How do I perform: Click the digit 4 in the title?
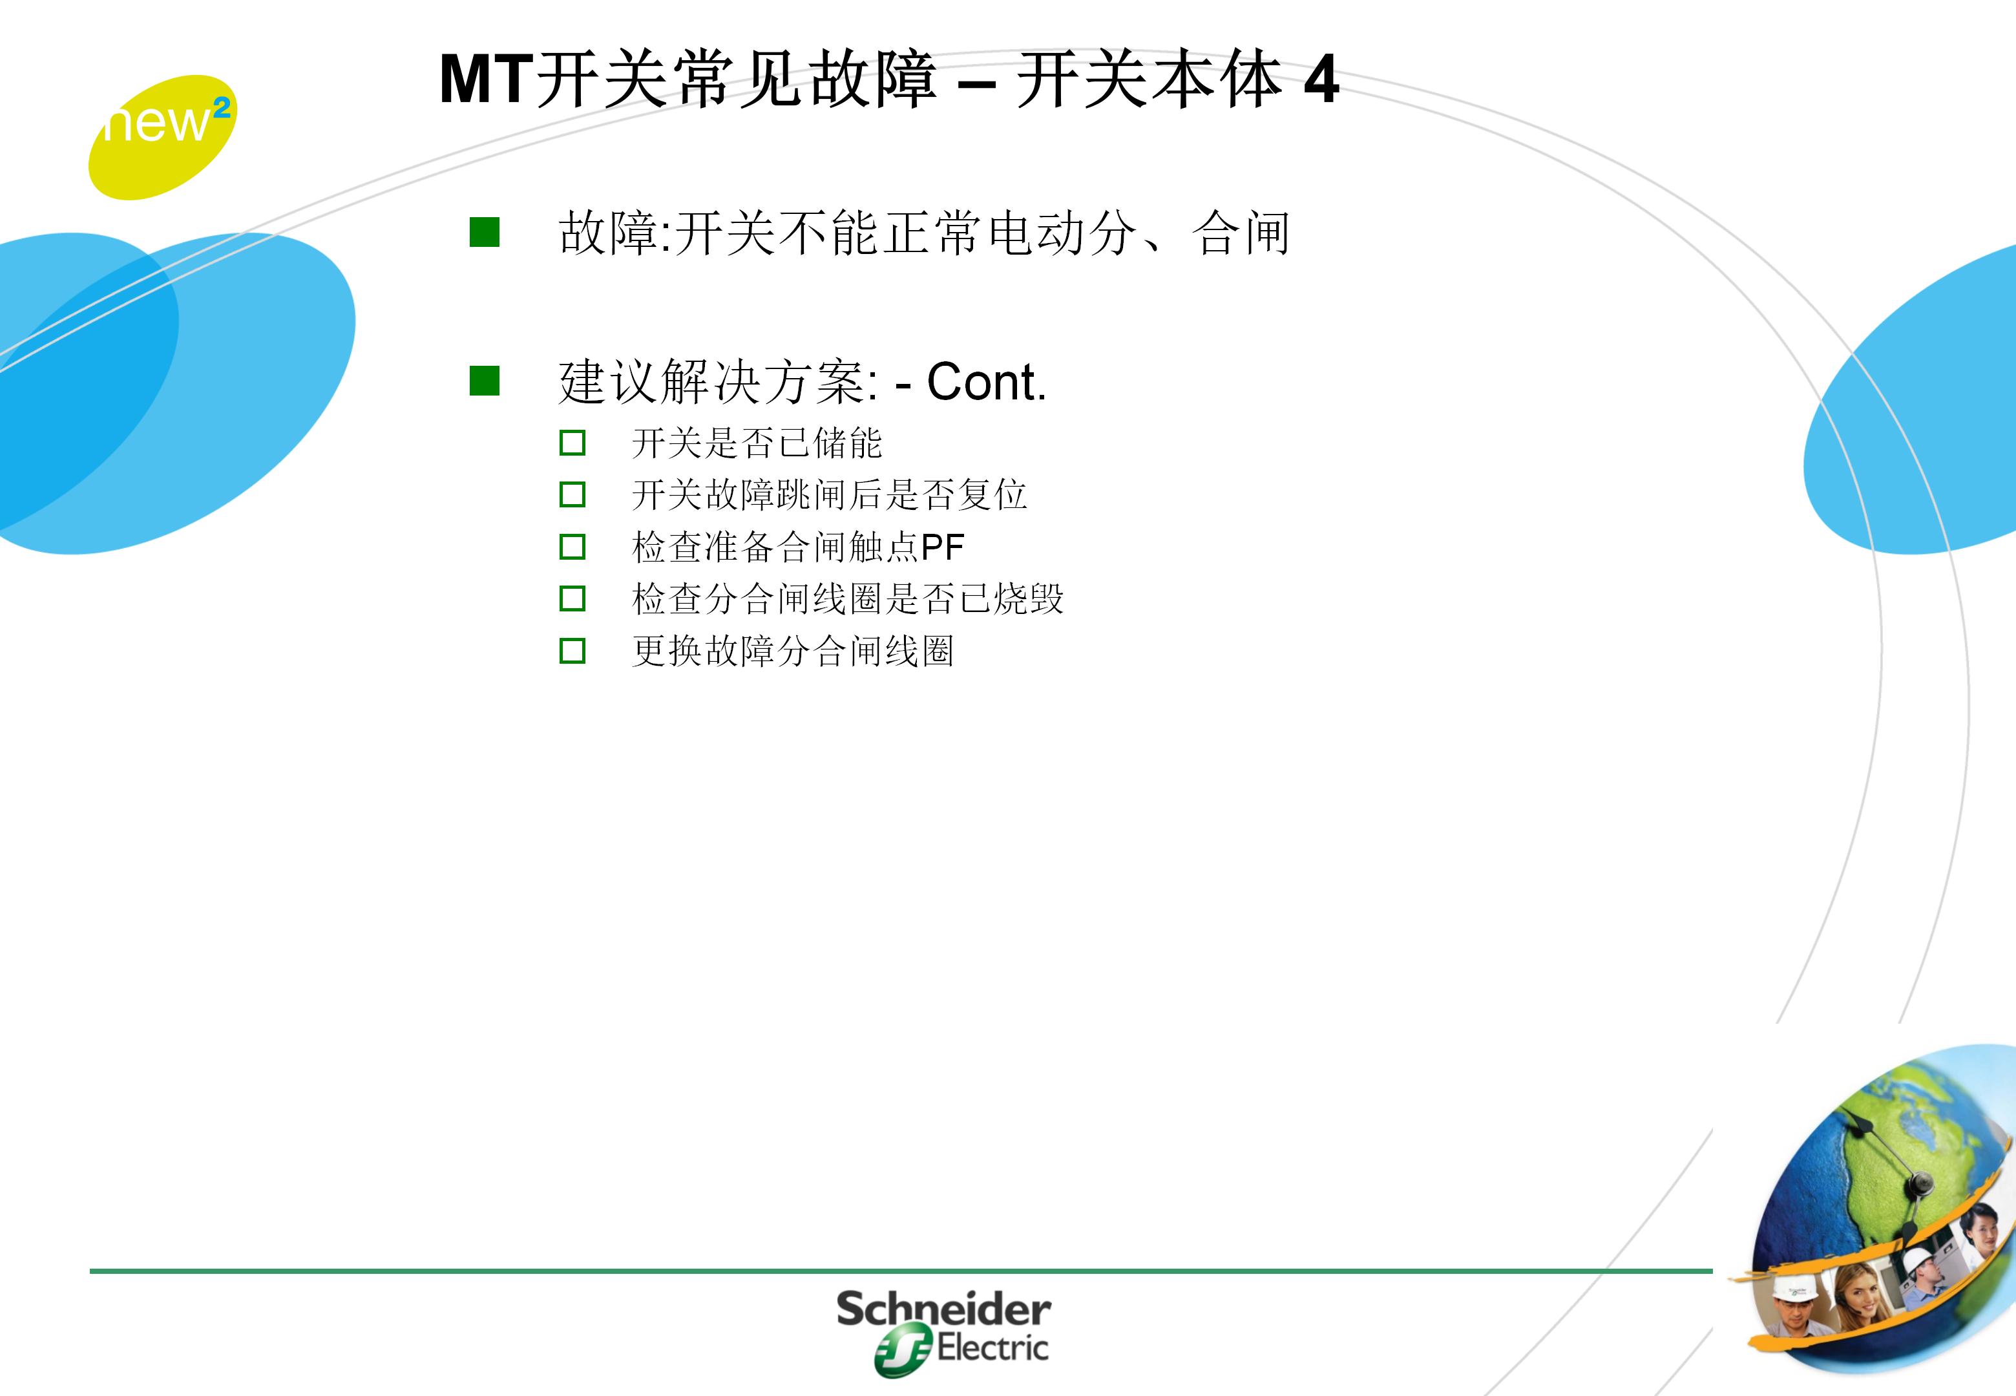[1320, 81]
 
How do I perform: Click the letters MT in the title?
[485, 81]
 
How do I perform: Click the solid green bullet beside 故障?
[485, 233]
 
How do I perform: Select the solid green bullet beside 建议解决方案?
[485, 381]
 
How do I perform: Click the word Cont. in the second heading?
[985, 382]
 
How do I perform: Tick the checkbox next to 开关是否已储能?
[572, 443]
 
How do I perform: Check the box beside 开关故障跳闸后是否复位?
[572, 495]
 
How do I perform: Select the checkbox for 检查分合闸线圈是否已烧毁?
[572, 599]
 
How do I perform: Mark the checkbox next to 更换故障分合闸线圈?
[572, 651]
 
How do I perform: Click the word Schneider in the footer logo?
[943, 1310]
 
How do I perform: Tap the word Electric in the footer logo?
[992, 1348]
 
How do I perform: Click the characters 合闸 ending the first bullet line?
[1241, 233]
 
